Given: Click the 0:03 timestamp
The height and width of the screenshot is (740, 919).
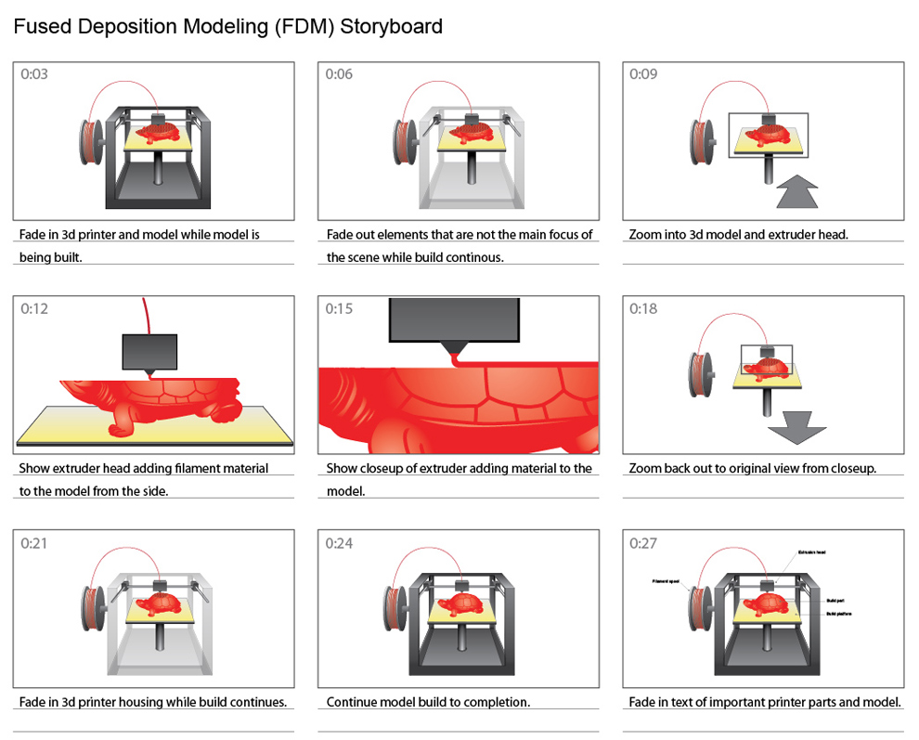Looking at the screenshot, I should pyautogui.click(x=34, y=74).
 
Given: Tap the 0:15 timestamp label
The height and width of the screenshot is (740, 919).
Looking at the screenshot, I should pyautogui.click(x=339, y=308).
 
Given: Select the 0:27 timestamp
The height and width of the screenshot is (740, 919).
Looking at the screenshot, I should pyautogui.click(x=643, y=542).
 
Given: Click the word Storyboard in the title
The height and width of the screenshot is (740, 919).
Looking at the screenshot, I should pyautogui.click(x=391, y=27).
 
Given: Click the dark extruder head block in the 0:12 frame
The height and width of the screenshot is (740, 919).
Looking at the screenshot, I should pyautogui.click(x=149, y=354).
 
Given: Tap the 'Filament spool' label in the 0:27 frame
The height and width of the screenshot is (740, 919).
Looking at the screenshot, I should pyautogui.click(x=667, y=582).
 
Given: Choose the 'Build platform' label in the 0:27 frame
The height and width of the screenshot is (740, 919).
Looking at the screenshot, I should pyautogui.click(x=839, y=614).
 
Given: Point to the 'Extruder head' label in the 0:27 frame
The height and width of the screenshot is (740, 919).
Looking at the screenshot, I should pyautogui.click(x=810, y=552).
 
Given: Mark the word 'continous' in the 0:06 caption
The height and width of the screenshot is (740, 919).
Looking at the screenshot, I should pyautogui.click(x=473, y=257).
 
